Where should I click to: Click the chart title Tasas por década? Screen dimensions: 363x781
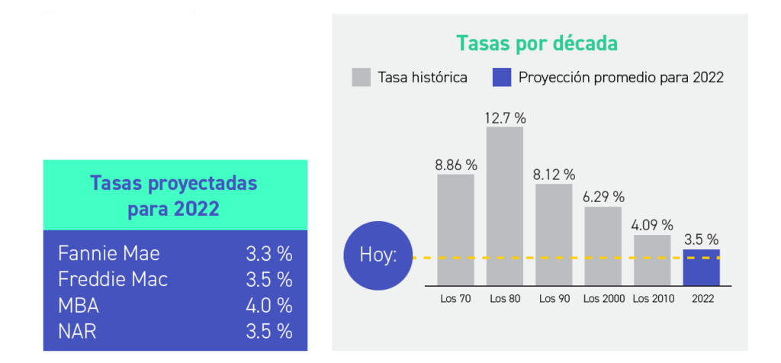[536, 43]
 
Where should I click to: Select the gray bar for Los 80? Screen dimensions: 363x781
[505, 206]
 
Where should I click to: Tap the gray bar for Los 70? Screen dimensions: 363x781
[455, 229]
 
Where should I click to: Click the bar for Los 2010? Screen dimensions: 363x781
[652, 259]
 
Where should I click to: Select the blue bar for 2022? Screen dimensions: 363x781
[701, 267]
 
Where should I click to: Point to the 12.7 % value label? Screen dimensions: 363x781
[505, 118]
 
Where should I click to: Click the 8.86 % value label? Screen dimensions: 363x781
[456, 165]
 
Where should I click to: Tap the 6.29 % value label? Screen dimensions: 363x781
[603, 197]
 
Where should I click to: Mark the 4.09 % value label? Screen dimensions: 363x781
[652, 225]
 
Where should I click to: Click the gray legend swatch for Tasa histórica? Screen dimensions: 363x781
[361, 77]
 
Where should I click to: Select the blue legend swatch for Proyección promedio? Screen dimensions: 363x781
[502, 77]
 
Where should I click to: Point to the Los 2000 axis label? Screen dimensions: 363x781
[603, 298]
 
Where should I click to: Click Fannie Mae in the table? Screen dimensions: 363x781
[108, 253]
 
